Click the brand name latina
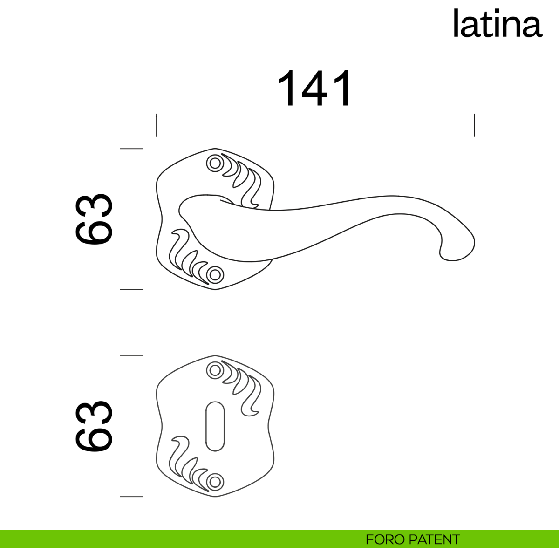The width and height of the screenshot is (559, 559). pos(497,24)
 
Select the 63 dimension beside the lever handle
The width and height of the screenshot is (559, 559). pos(94,219)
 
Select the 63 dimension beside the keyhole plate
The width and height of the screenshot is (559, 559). pos(94,426)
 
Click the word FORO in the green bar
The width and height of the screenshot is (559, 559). pos(385,539)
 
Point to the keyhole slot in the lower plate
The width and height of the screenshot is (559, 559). pos(215,426)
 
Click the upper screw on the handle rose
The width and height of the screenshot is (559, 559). pos(215,164)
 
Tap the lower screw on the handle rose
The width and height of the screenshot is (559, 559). pos(215,274)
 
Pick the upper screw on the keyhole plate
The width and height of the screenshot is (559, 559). pos(215,370)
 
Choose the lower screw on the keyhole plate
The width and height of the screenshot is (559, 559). pos(215,481)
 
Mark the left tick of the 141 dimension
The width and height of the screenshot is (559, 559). pos(157,125)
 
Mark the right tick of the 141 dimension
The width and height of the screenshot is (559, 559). pos(474,125)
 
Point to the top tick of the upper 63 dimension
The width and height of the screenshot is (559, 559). pos(131,149)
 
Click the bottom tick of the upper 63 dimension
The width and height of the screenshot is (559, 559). pos(131,289)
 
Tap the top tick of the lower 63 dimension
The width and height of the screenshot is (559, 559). pos(131,356)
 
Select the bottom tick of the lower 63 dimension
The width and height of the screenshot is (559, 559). pos(131,497)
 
